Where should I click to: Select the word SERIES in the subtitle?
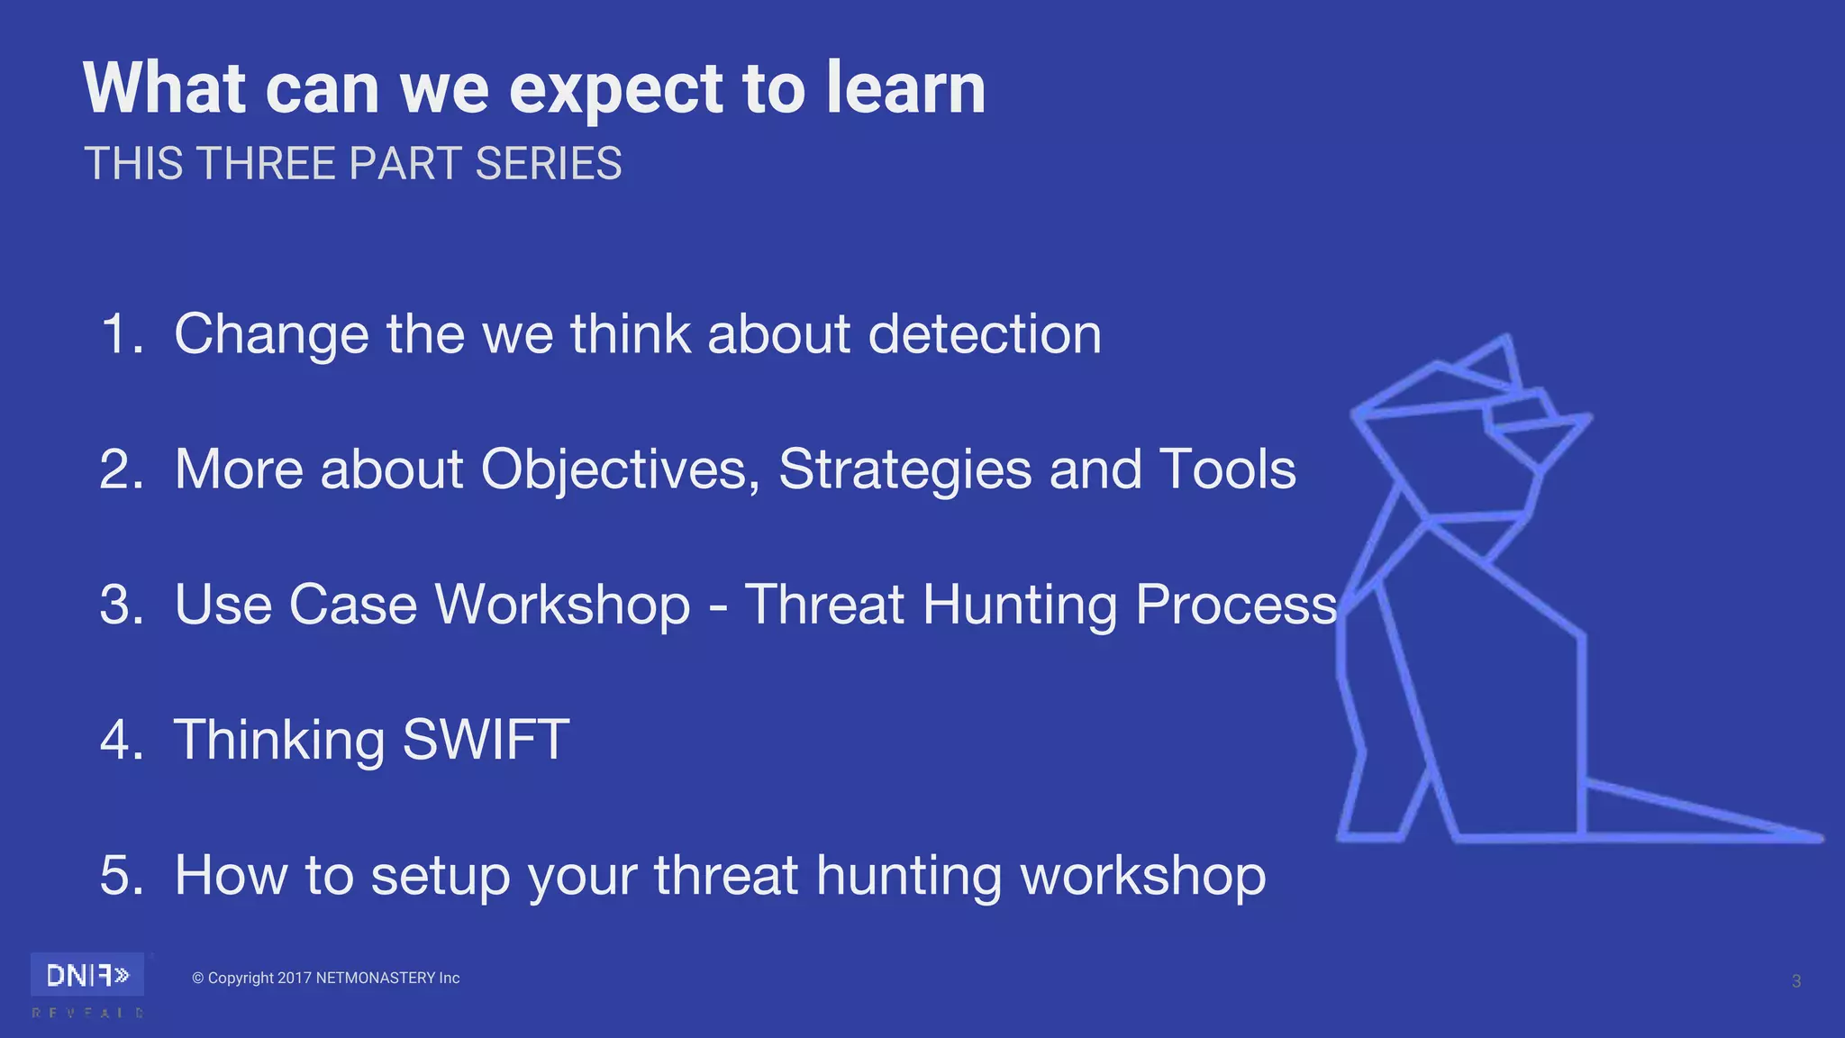point(548,164)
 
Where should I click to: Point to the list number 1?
point(120,334)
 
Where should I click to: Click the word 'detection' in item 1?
point(984,334)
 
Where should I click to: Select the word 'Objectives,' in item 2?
point(621,470)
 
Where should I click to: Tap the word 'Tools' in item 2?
point(1227,469)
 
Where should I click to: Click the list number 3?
point(121,605)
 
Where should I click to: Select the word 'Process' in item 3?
point(1236,605)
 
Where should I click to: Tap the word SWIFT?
point(486,740)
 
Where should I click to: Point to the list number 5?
point(121,875)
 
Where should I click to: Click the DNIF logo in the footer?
point(87,975)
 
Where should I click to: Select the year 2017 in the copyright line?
point(294,979)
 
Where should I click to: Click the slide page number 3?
point(1795,981)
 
